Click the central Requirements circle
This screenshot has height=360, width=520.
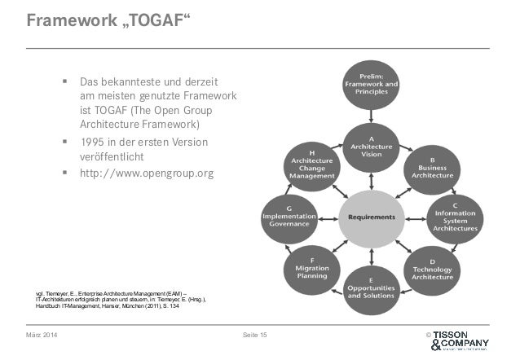pos(371,217)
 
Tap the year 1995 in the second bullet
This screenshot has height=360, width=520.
pos(94,143)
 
